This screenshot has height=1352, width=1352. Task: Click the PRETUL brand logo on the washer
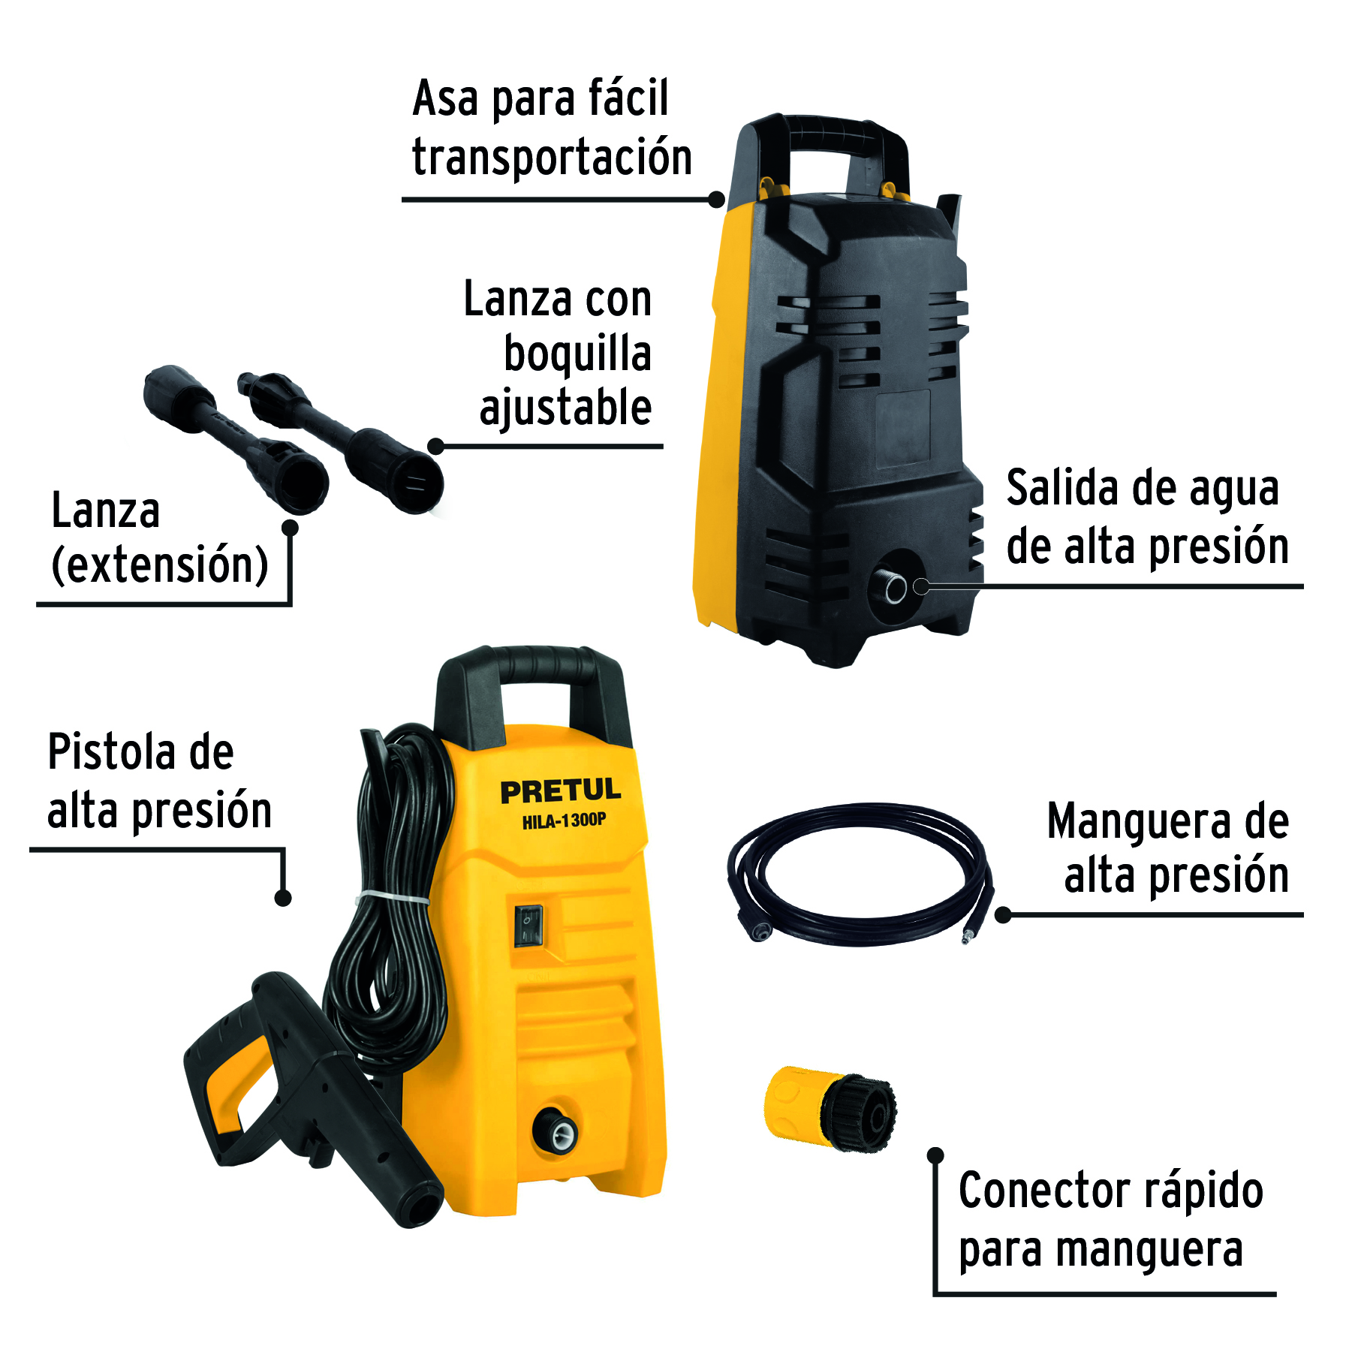click(560, 790)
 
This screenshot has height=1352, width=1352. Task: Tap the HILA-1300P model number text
click(564, 821)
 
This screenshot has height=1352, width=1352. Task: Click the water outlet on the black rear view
click(896, 588)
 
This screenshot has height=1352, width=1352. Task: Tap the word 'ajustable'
click(565, 408)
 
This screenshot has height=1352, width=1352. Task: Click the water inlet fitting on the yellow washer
click(556, 1130)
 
